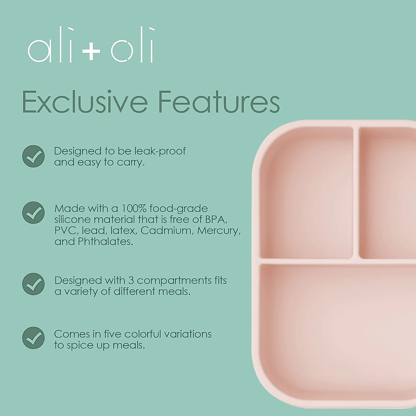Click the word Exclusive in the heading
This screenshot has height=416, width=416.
point(85,102)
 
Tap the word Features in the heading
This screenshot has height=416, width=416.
point(219,102)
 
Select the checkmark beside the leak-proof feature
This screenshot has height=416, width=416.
point(34,156)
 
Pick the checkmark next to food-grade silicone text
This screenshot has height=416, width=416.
point(34,213)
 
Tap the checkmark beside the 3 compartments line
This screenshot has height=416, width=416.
point(34,284)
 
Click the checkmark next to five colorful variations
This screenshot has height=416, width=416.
point(34,338)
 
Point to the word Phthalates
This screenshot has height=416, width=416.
point(105,242)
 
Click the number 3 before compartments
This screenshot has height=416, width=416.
point(131,280)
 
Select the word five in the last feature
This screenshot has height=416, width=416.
point(112,334)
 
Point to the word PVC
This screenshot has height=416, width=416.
point(64,231)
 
